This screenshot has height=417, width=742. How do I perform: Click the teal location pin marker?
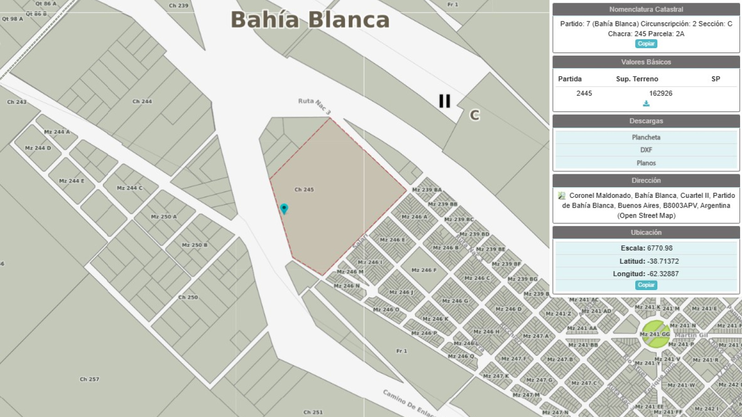tap(284, 208)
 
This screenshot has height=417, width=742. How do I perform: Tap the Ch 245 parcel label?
tap(304, 190)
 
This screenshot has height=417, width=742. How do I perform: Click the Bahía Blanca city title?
tap(310, 20)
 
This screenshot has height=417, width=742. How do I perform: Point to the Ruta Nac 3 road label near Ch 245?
tap(314, 106)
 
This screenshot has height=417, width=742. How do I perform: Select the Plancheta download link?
tap(646, 137)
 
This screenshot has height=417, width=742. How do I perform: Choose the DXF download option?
tap(646, 150)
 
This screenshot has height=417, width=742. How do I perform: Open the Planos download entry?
tap(646, 163)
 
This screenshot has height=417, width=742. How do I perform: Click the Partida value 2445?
tap(584, 93)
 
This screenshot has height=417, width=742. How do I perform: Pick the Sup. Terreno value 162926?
tap(660, 93)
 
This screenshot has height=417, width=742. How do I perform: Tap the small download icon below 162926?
tap(646, 104)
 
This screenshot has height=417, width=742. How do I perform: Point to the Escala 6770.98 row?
tap(646, 248)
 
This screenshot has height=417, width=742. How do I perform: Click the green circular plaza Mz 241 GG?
tap(655, 334)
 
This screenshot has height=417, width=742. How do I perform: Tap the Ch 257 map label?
tap(90, 379)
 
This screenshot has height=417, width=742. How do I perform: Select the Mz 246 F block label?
tap(424, 270)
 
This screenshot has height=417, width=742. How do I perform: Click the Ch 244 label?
tap(142, 101)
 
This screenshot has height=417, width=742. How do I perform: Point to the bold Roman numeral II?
tap(444, 101)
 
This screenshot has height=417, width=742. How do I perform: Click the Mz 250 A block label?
tap(164, 216)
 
